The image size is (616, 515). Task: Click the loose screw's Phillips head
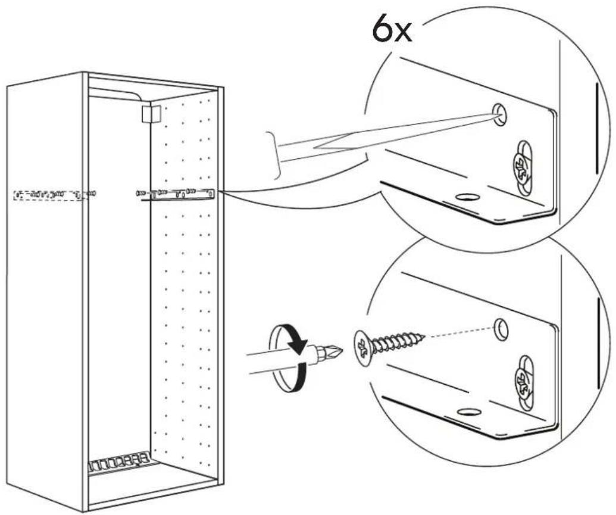[363, 345]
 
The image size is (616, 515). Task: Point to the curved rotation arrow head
[297, 346]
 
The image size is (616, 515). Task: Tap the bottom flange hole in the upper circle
[467, 196]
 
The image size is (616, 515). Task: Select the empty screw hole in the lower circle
[501, 329]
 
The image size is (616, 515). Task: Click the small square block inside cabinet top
[151, 114]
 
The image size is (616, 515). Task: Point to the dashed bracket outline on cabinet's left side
[49, 195]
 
